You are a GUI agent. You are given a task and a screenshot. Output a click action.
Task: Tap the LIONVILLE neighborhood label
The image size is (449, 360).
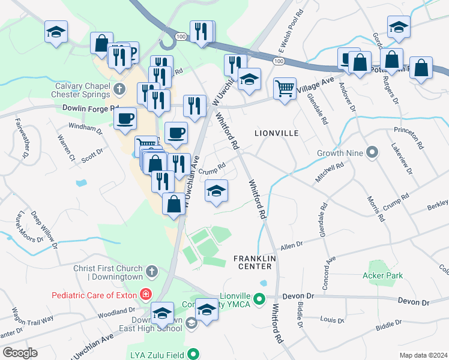277,133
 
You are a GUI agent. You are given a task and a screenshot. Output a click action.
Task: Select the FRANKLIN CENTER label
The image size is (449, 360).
255,262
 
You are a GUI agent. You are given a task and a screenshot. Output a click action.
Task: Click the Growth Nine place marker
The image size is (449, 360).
372,153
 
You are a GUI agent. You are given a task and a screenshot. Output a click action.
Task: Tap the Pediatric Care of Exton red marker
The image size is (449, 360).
145,295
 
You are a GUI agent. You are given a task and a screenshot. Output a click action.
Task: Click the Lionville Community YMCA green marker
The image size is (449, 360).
259,298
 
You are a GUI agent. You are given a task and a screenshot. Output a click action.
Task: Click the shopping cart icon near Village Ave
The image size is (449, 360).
285,88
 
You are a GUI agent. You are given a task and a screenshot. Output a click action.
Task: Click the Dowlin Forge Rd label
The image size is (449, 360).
91,109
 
